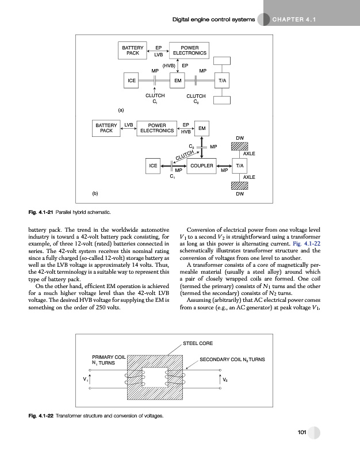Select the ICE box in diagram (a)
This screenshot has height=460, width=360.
click(x=132, y=81)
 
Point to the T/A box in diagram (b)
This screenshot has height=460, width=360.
click(x=240, y=166)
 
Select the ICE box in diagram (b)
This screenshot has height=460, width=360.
click(x=153, y=166)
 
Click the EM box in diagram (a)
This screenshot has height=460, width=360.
click(x=179, y=81)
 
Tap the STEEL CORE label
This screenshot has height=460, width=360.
click(x=198, y=343)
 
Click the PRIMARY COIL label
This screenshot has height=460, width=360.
click(x=109, y=356)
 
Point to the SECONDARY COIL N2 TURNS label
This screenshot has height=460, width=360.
click(x=232, y=359)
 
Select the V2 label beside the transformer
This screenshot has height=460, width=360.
click(x=225, y=379)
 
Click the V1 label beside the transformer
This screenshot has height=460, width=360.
click(x=85, y=378)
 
